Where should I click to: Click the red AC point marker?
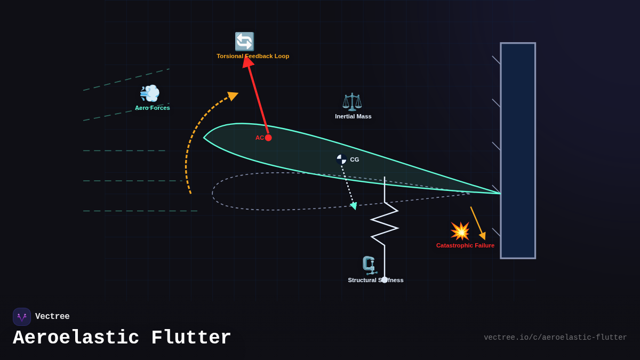click(x=268, y=138)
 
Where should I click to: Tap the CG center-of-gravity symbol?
click(x=341, y=159)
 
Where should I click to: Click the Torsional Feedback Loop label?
click(x=253, y=56)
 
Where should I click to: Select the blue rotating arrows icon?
click(x=244, y=42)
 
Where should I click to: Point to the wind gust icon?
click(x=149, y=93)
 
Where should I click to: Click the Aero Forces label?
click(x=153, y=108)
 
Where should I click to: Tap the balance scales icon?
click(x=352, y=101)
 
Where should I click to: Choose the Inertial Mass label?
click(x=353, y=116)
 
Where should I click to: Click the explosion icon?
click(x=460, y=231)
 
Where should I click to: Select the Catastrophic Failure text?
click(x=465, y=245)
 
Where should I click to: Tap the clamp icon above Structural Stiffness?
click(x=369, y=265)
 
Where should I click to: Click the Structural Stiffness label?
click(x=375, y=280)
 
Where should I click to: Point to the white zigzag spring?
click(x=385, y=224)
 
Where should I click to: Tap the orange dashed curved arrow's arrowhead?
click(x=233, y=95)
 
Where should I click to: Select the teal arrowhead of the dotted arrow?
click(x=354, y=206)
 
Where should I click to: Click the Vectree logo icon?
click(x=22, y=317)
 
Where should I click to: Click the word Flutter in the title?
click(x=191, y=338)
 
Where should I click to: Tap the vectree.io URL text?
click(x=555, y=338)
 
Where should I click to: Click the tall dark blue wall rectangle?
click(x=518, y=150)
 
